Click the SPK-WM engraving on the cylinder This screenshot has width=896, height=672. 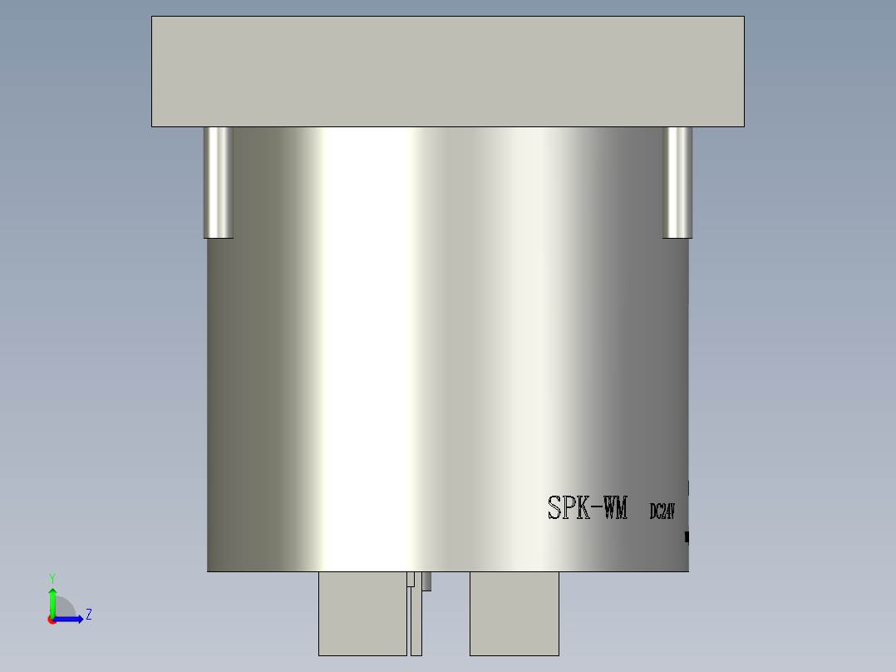[588, 508]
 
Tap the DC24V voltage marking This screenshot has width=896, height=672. [662, 511]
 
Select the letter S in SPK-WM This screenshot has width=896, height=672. [555, 508]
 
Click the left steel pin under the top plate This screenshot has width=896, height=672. [219, 182]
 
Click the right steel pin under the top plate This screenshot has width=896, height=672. [677, 182]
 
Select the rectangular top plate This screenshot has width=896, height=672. [447, 72]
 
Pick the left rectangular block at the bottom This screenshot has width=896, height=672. [362, 613]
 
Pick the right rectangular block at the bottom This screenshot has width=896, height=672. [514, 613]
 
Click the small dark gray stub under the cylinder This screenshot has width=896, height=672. [426, 581]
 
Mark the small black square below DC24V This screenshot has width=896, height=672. [687, 537]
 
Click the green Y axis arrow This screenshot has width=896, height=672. [52, 600]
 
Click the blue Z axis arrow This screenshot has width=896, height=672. [71, 619]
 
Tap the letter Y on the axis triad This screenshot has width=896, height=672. [52, 577]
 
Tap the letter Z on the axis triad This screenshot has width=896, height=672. [88, 615]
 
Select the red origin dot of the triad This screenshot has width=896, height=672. [52, 620]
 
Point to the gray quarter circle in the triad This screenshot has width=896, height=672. [65, 608]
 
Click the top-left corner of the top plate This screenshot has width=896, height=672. [152, 17]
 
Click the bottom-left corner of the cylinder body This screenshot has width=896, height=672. [208, 571]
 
